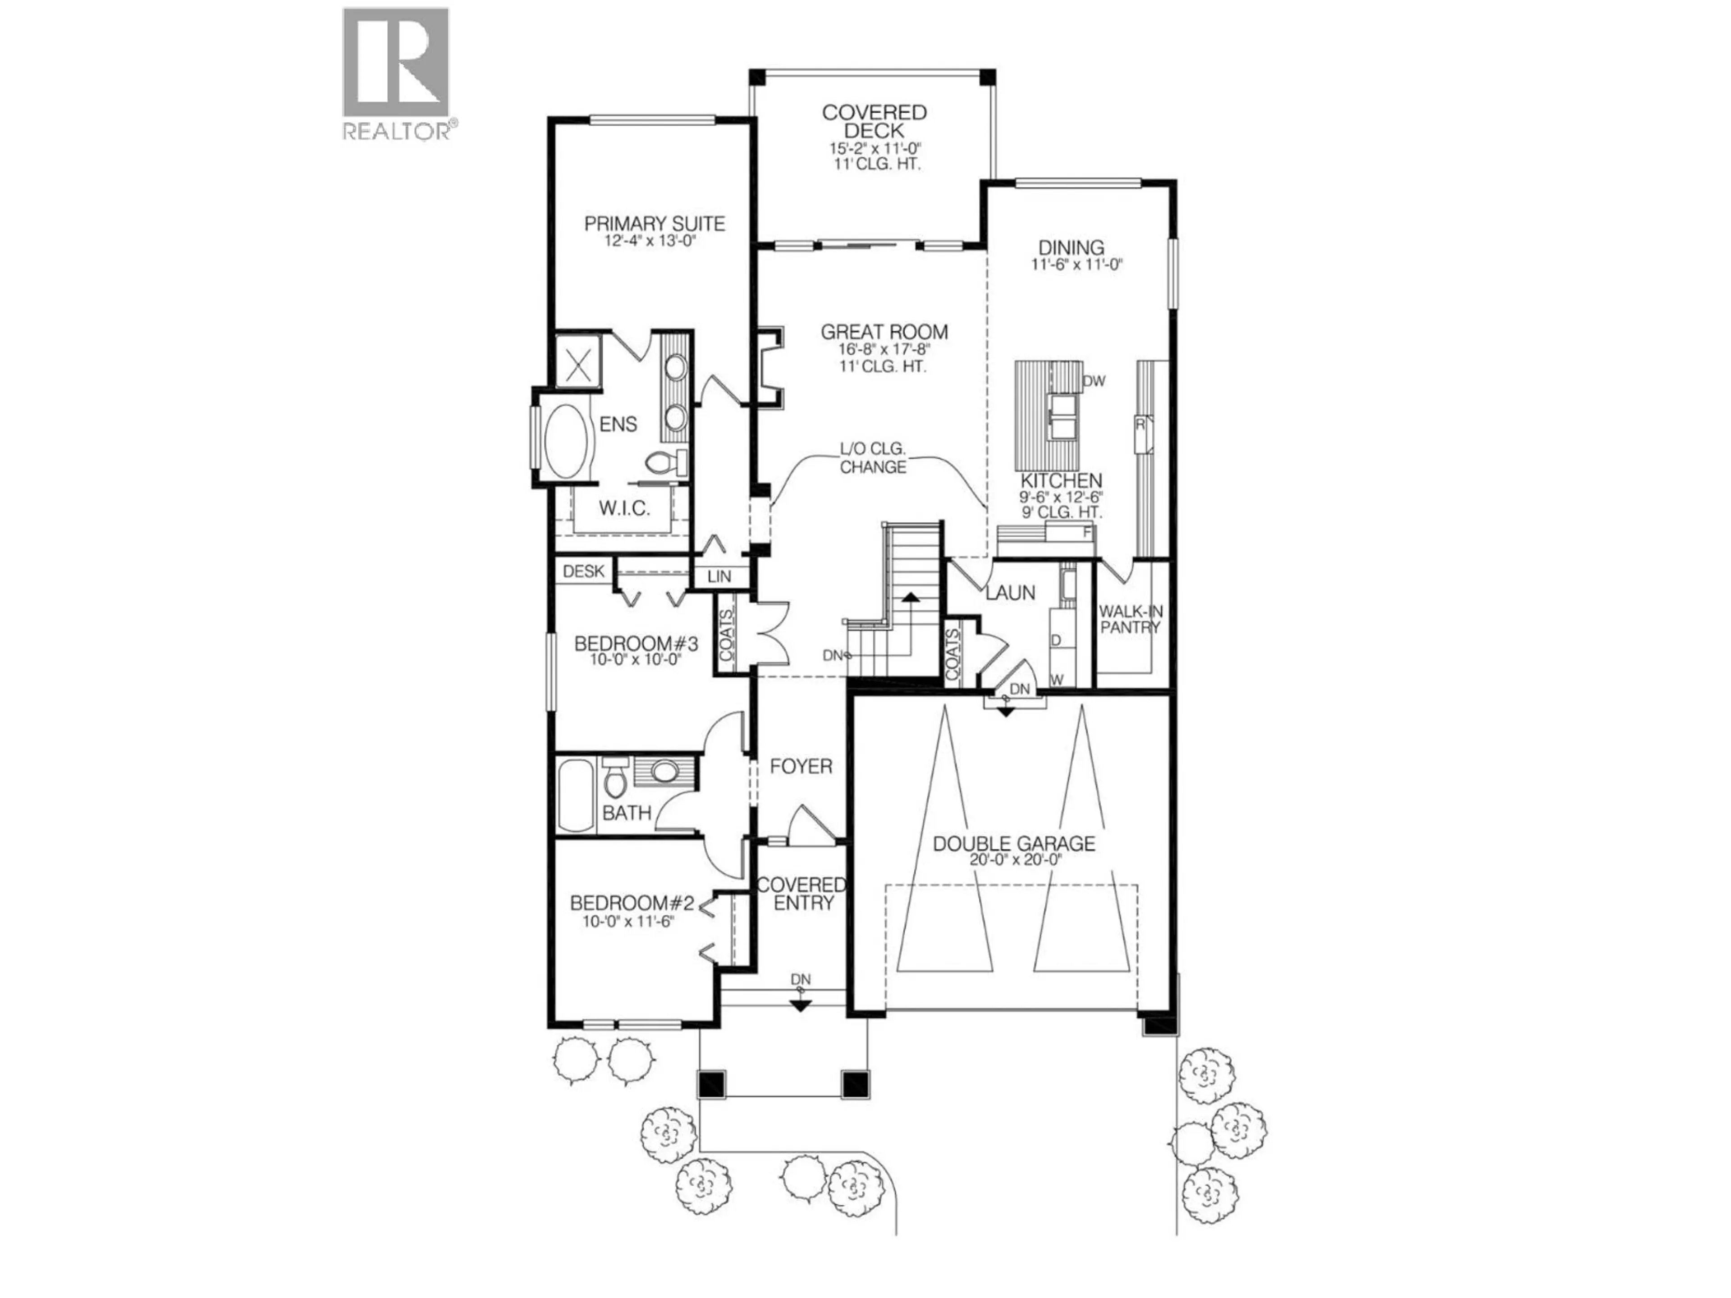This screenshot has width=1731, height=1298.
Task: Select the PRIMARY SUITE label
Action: point(654,224)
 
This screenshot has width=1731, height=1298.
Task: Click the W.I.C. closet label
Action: point(624,508)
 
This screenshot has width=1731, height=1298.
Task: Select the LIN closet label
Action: point(719,576)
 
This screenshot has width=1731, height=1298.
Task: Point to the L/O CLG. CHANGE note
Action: point(873,458)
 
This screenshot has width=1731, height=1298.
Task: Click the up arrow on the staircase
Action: point(910,599)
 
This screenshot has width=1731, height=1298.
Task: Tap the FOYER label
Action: point(801,767)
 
